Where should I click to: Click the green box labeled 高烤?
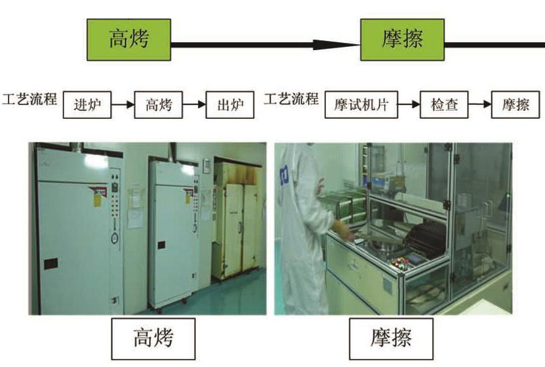tap(129, 40)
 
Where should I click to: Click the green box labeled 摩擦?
tap(402, 40)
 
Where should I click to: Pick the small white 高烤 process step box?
tap(158, 105)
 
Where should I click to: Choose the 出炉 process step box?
tap(230, 105)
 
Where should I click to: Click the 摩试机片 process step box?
tap(361, 105)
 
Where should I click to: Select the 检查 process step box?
tap(444, 105)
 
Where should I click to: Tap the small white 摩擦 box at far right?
tap(515, 105)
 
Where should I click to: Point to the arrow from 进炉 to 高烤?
tap(122, 105)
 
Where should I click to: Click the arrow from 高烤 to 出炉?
tap(193, 105)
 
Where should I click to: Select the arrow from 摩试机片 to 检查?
tap(409, 105)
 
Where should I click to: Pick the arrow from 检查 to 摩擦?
tap(480, 105)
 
